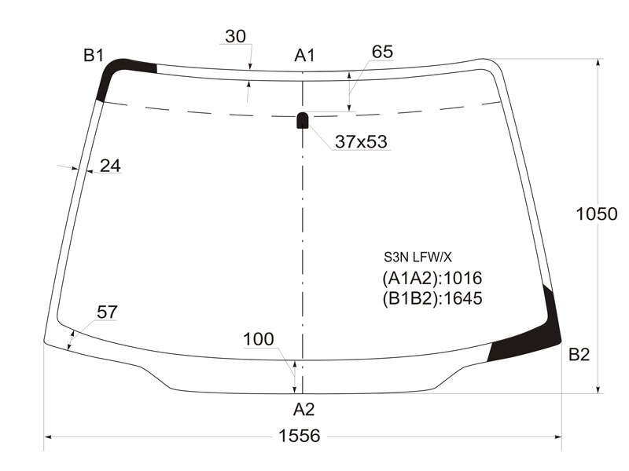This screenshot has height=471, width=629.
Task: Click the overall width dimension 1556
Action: coord(300,436)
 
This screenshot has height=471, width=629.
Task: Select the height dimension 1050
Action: coord(597,214)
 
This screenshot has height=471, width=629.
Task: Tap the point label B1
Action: coord(94,55)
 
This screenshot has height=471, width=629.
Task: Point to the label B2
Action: coord(579,355)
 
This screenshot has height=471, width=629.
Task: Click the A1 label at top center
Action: coord(305,55)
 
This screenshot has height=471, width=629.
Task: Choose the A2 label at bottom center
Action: coord(303,409)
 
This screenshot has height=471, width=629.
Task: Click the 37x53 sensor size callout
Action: coord(361,141)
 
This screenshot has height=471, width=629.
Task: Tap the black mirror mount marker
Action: coord(303,120)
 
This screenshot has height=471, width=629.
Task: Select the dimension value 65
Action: coord(382,52)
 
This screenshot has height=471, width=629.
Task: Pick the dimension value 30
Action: coord(235,36)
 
